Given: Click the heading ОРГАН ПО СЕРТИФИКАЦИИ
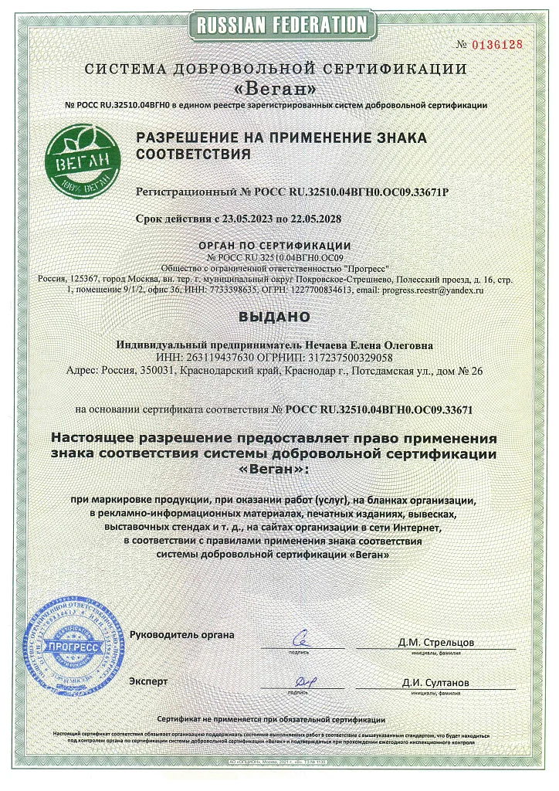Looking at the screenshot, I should click(x=279, y=245).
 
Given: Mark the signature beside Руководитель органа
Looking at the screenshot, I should click(x=303, y=639).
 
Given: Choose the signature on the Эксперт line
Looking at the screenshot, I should click(x=306, y=681).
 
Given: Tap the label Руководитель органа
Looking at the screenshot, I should click(x=181, y=635).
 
